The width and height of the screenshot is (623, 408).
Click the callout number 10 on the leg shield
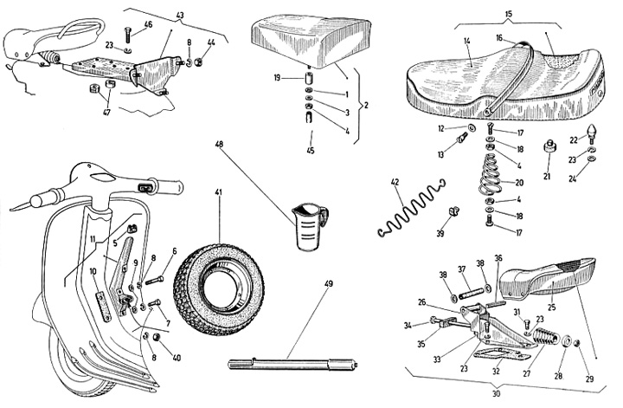(92, 271)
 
